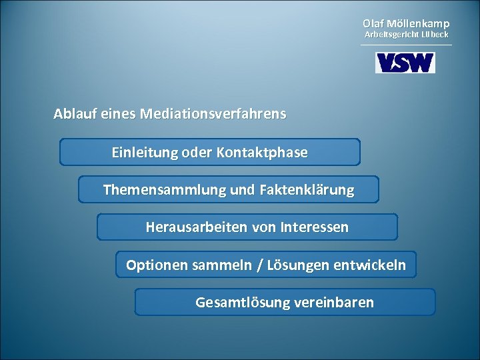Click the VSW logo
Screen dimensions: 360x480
click(x=405, y=63)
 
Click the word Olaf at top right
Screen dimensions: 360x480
click(x=373, y=23)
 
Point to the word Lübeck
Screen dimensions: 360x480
click(x=435, y=34)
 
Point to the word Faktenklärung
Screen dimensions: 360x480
click(x=309, y=190)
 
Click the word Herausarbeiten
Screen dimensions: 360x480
click(x=187, y=227)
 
